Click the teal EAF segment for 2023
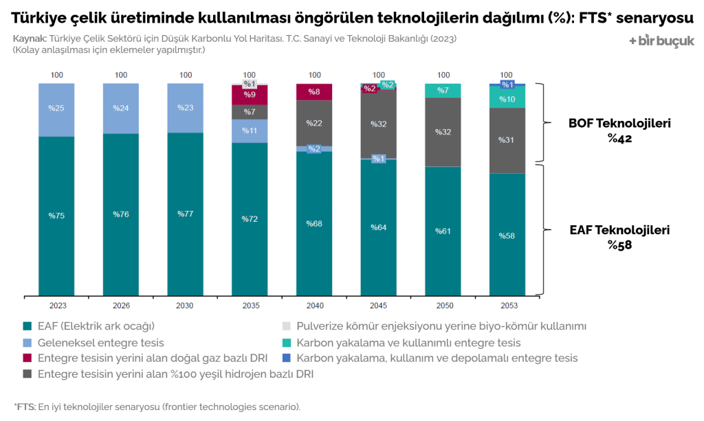pyautogui.click(x=56, y=216)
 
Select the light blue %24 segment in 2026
pyautogui.click(x=121, y=108)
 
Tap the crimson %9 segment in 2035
pyautogui.click(x=250, y=95)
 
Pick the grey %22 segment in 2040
pyautogui.click(x=314, y=122)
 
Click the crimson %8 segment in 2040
pyautogui.click(x=314, y=91)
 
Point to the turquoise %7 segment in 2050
pyautogui.click(x=443, y=90)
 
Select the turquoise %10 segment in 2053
pyautogui.click(x=507, y=98)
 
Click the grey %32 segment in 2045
pyautogui.click(x=379, y=124)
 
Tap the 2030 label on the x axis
pyautogui.click(x=185, y=306)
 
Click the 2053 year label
pyautogui.click(x=507, y=306)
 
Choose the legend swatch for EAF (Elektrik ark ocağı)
pyautogui.click(x=27, y=326)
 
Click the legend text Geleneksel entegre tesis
pyautogui.click(x=100, y=342)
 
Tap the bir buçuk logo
pyautogui.click(x=661, y=41)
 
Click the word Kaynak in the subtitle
pyautogui.click(x=30, y=39)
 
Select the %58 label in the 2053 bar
pyautogui.click(x=507, y=236)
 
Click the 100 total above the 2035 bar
pyautogui.click(x=250, y=75)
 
